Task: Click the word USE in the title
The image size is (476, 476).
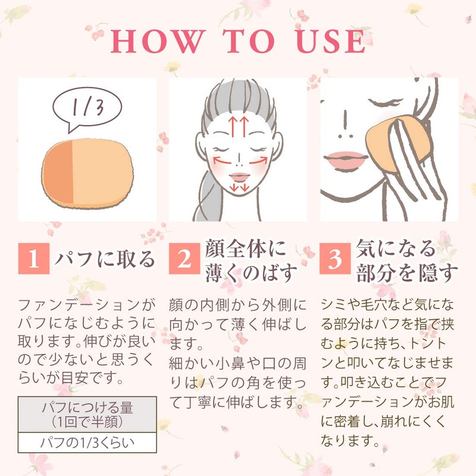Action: pos(330,42)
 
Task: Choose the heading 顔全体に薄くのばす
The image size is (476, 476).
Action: pos(250,260)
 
